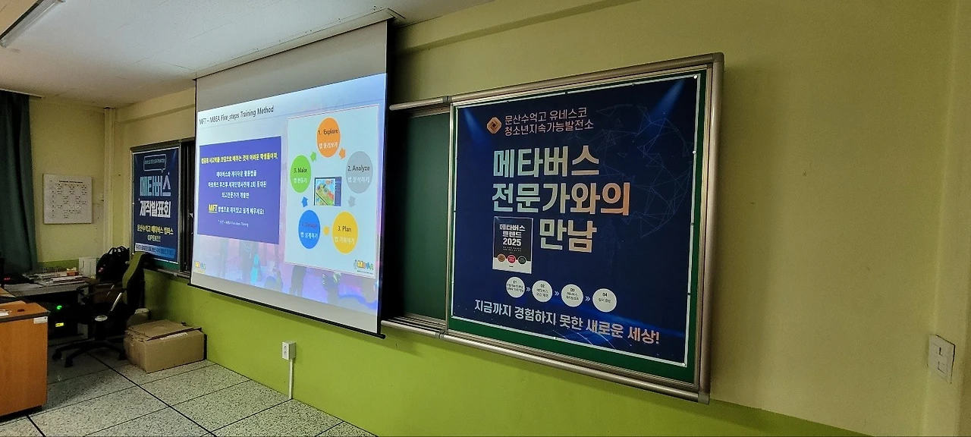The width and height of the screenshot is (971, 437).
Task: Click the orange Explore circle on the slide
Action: coord(328,137)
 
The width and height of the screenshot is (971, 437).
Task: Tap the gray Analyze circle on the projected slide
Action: coord(360,171)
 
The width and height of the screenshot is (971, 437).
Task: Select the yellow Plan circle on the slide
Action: coord(345,232)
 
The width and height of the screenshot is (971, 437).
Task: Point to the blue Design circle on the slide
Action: coord(310,228)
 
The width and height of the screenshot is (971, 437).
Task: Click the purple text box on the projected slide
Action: coord(239,190)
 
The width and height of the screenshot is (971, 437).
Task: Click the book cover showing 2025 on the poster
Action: coord(512,244)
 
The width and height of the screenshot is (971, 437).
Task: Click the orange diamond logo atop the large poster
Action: coord(494,125)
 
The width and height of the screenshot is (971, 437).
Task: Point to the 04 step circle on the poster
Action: coord(605,300)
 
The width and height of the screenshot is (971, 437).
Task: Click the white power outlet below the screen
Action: coord(288,351)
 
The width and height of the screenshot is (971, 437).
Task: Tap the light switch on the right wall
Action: coord(941,358)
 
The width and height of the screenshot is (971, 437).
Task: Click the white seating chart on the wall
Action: coord(68,199)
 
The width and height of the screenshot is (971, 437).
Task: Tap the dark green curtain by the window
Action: coord(15,182)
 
